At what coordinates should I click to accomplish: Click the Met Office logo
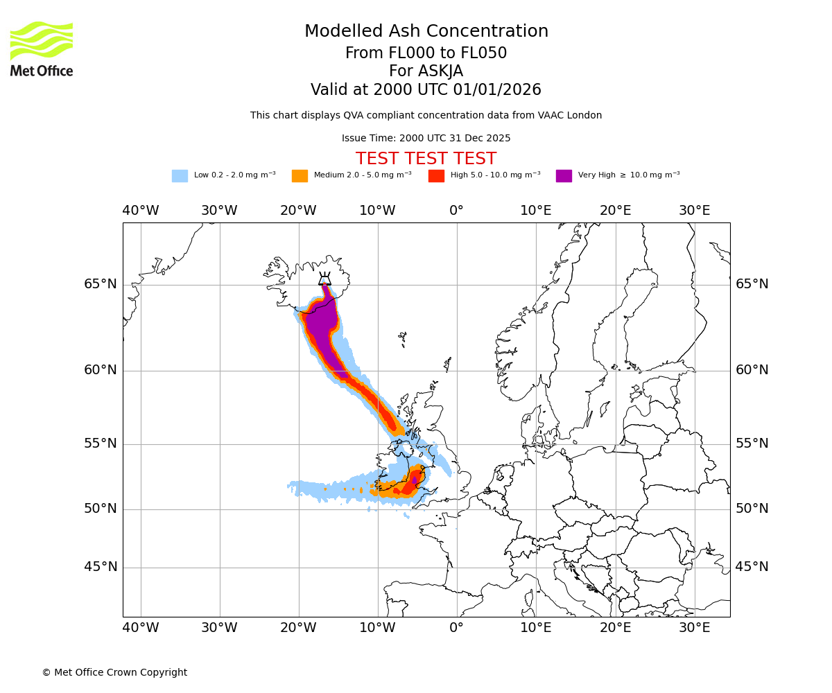click(x=42, y=49)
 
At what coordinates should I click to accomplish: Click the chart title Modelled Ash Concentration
click(x=426, y=32)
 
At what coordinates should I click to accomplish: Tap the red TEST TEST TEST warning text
click(x=426, y=159)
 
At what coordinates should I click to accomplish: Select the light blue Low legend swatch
click(x=180, y=176)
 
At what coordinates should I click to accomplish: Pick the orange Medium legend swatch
click(x=300, y=176)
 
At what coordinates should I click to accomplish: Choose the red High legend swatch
click(x=436, y=176)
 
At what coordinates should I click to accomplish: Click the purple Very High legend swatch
click(x=564, y=176)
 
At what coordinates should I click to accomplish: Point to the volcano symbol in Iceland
click(x=324, y=279)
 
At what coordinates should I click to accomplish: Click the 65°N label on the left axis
click(x=101, y=284)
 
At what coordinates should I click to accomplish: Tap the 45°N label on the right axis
click(x=752, y=567)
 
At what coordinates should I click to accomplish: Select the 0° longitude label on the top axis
click(x=456, y=211)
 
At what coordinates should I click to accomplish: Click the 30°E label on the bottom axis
click(x=694, y=628)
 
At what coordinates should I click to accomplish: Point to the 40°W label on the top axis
click(x=140, y=211)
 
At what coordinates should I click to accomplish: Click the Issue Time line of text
click(x=426, y=139)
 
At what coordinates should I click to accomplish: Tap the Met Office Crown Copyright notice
click(x=114, y=673)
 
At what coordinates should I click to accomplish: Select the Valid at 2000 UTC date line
click(x=426, y=90)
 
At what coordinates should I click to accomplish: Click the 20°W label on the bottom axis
click(x=298, y=628)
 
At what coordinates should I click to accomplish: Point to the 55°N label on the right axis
click(x=752, y=444)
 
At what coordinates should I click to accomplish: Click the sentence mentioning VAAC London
click(x=426, y=116)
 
